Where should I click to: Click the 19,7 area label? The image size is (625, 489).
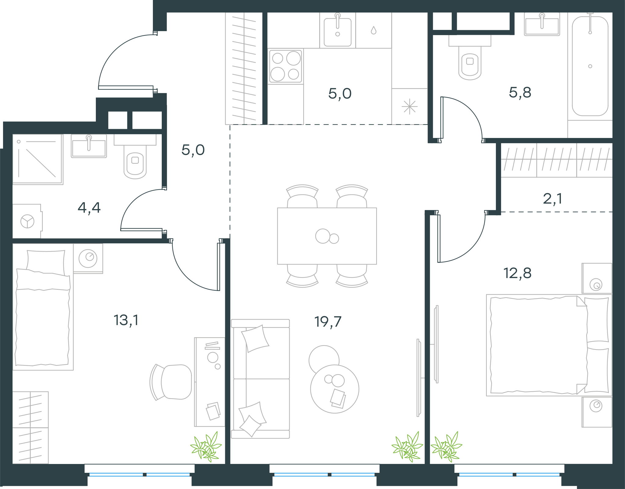click(x=328, y=322)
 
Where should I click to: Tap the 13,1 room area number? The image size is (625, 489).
click(x=126, y=321)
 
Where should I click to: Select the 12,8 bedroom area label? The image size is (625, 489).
click(x=517, y=273)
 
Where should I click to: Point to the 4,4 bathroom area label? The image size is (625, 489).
click(x=89, y=208)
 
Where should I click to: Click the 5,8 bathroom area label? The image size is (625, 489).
click(x=520, y=92)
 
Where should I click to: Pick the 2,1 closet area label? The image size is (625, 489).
click(x=552, y=199)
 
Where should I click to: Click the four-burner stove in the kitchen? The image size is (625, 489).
click(x=286, y=66)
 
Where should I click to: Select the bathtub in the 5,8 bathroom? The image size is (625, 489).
click(x=590, y=66)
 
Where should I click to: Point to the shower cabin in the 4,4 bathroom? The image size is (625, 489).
click(x=38, y=159)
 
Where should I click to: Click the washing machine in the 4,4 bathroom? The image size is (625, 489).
click(x=27, y=221)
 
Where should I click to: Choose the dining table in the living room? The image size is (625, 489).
click(x=327, y=236)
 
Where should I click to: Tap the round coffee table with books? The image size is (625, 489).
click(x=334, y=389)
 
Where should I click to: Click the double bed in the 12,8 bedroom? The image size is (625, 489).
click(x=549, y=345)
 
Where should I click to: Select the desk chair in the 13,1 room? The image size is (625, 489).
click(x=171, y=382)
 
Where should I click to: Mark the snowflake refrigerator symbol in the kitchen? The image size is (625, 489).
click(x=410, y=107)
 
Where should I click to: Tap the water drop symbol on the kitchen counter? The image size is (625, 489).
click(x=374, y=30)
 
